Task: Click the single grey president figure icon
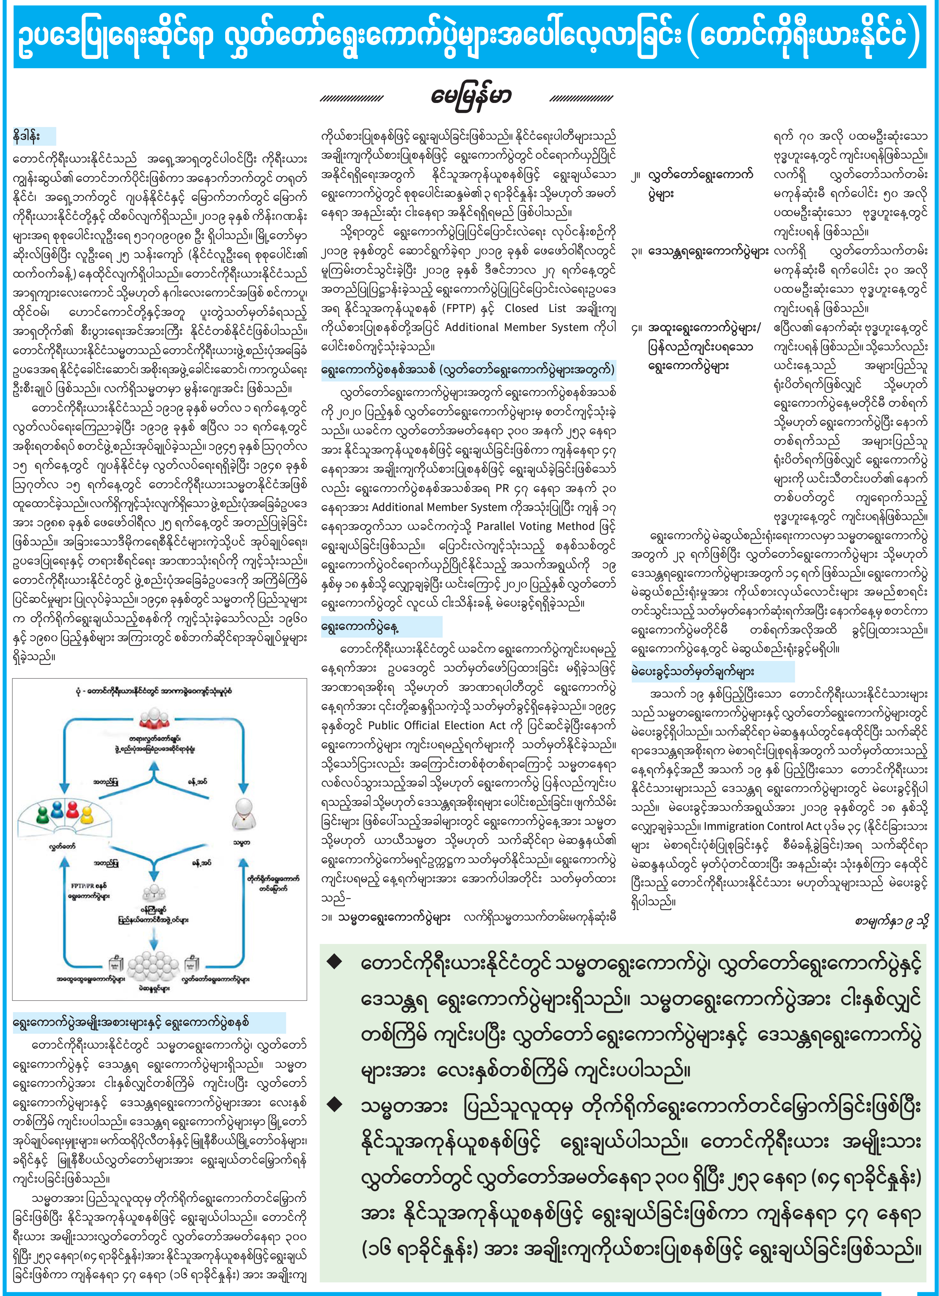tap(244, 814)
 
